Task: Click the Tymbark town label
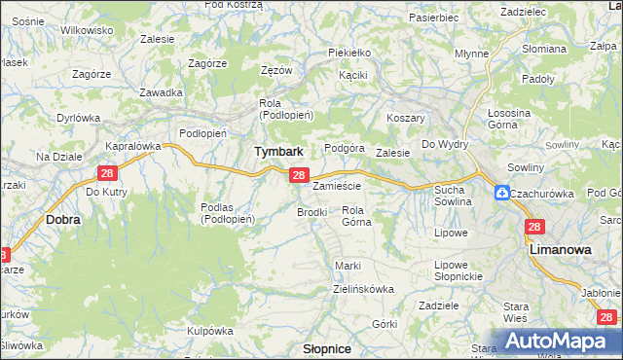pyautogui.click(x=278, y=152)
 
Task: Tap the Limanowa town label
pyautogui.click(x=561, y=250)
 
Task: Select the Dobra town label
pyautogui.click(x=63, y=220)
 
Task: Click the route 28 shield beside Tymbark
pyautogui.click(x=299, y=175)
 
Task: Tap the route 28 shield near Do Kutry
pyautogui.click(x=107, y=172)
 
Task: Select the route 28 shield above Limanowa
pyautogui.click(x=533, y=227)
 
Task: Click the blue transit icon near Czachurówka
pyautogui.click(x=501, y=193)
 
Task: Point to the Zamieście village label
pyautogui.click(x=338, y=186)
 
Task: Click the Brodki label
pyautogui.click(x=311, y=211)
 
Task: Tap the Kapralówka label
pyautogui.click(x=132, y=146)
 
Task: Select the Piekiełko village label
pyautogui.click(x=349, y=52)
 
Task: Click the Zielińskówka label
pyautogui.click(x=363, y=289)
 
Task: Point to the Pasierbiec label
pyautogui.click(x=433, y=18)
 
